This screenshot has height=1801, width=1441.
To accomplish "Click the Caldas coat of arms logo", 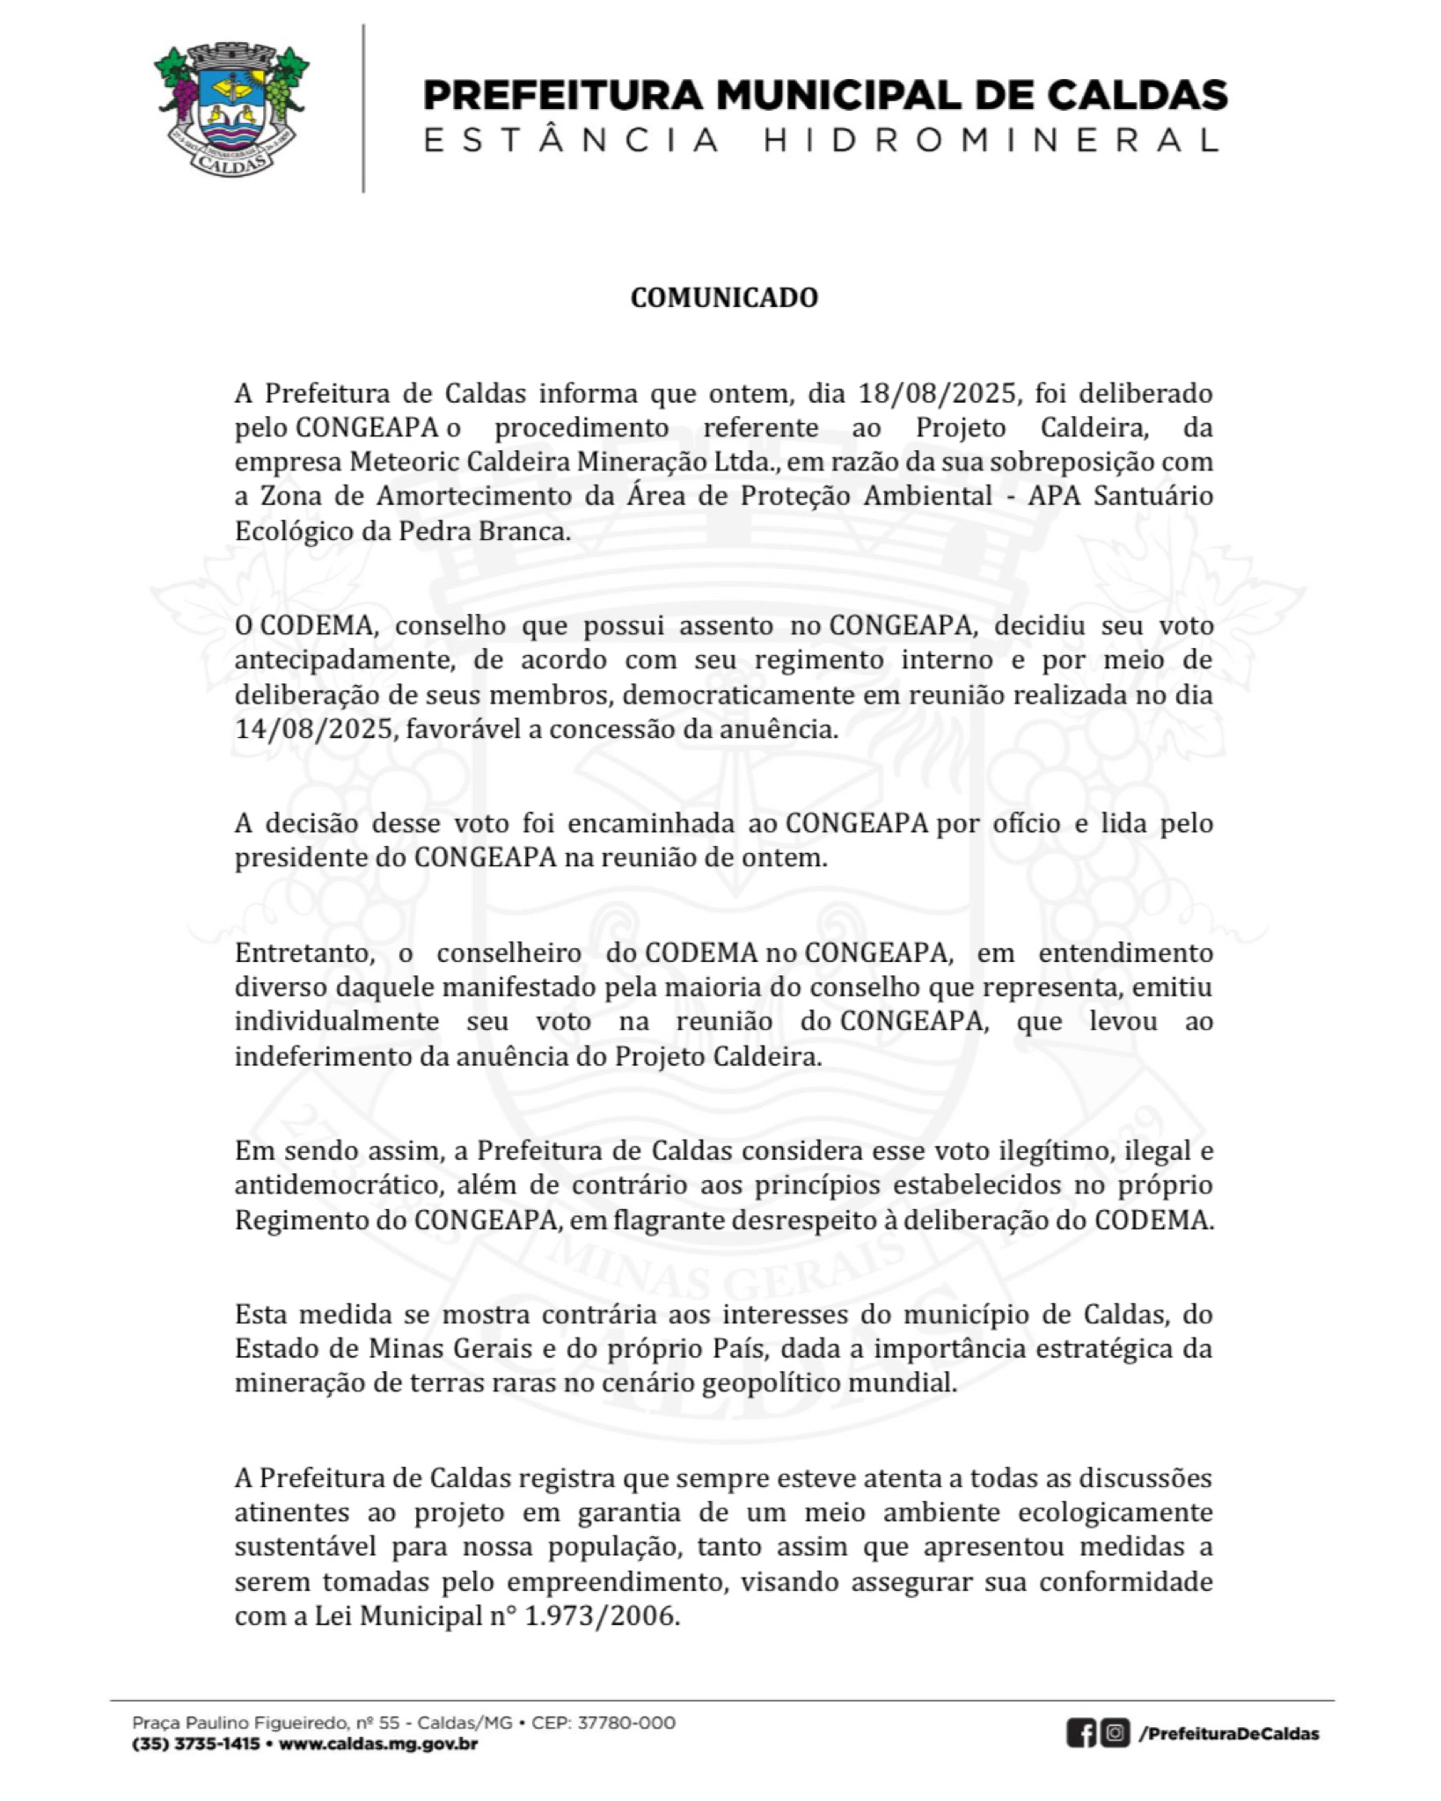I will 232,106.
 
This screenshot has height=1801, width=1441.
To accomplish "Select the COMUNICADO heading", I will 724,298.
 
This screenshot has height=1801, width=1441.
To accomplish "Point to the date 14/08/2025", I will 312,729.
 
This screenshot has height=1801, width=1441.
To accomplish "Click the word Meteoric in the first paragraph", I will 405,462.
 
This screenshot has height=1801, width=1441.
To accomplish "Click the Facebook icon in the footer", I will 1081,1733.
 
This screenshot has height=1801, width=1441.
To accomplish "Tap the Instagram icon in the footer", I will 1115,1733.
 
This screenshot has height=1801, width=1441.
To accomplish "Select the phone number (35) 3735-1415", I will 195,1744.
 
